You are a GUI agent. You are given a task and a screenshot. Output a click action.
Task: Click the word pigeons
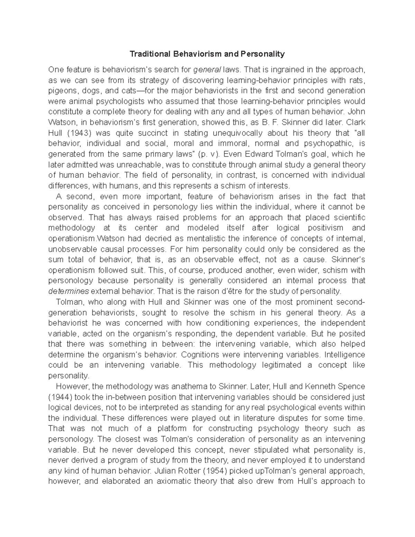[x=60, y=91]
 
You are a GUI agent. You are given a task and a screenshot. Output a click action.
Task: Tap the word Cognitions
[x=203, y=354]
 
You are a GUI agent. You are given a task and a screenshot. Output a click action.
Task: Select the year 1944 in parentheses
[x=61, y=397]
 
